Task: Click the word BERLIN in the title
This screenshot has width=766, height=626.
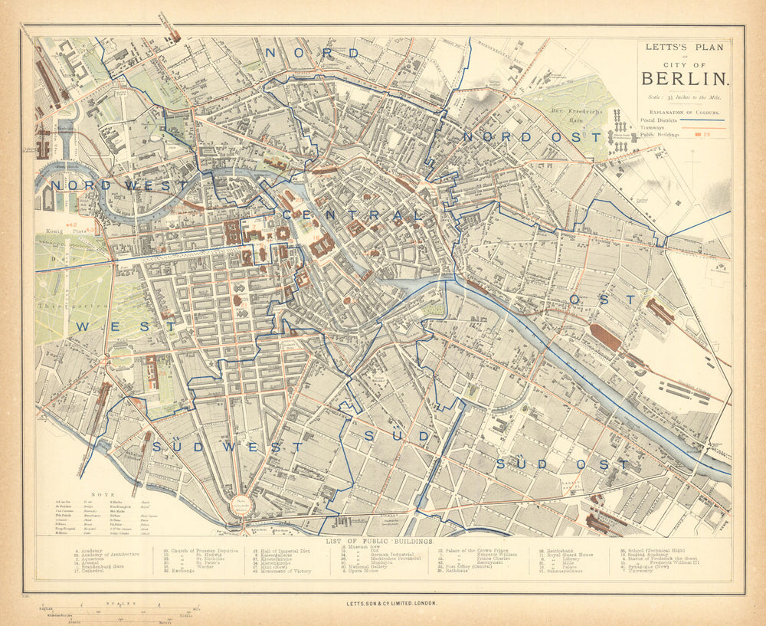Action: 684,78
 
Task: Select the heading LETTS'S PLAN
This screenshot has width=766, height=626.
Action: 683,47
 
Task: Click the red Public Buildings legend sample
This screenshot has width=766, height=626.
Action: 700,135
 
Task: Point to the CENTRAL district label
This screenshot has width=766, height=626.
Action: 352,215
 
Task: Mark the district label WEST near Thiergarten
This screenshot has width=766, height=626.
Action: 126,326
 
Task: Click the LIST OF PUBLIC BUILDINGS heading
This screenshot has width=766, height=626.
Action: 379,542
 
